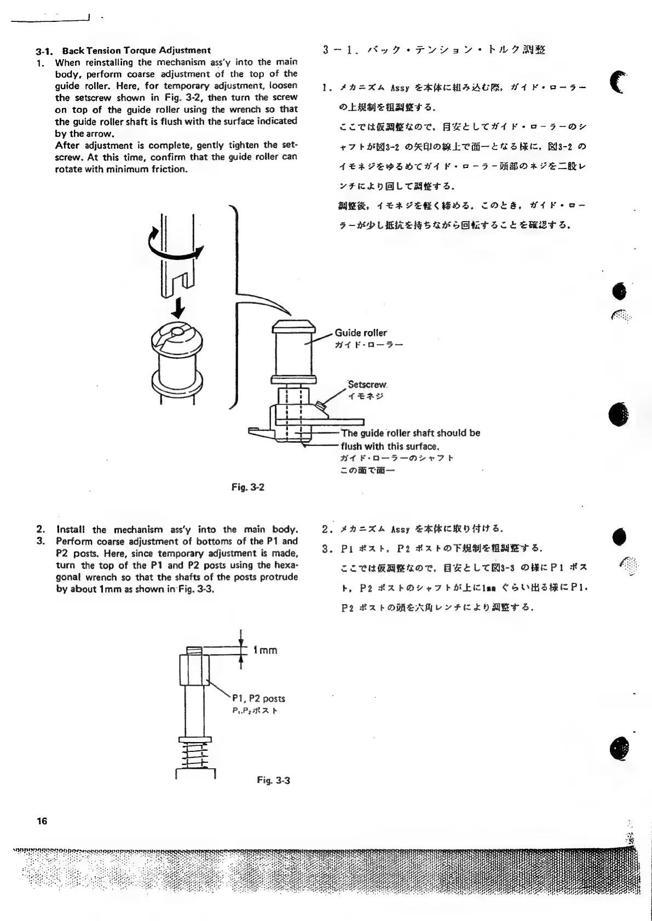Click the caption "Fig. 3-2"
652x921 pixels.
coord(249,486)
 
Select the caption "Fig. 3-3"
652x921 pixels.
coord(273,780)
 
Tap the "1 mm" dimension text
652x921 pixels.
coord(265,650)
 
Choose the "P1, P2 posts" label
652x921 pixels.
coord(258,698)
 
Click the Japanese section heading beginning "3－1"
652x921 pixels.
coord(434,50)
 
